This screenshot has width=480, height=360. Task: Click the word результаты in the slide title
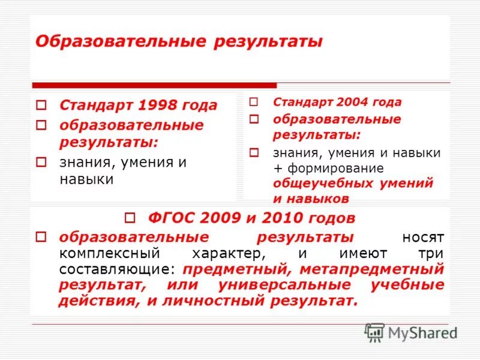266,42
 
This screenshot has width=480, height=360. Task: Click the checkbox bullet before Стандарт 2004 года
254,102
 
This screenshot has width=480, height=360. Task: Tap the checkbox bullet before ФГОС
135,218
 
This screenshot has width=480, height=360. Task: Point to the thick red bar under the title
154,85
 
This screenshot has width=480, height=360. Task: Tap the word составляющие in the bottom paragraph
118,269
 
